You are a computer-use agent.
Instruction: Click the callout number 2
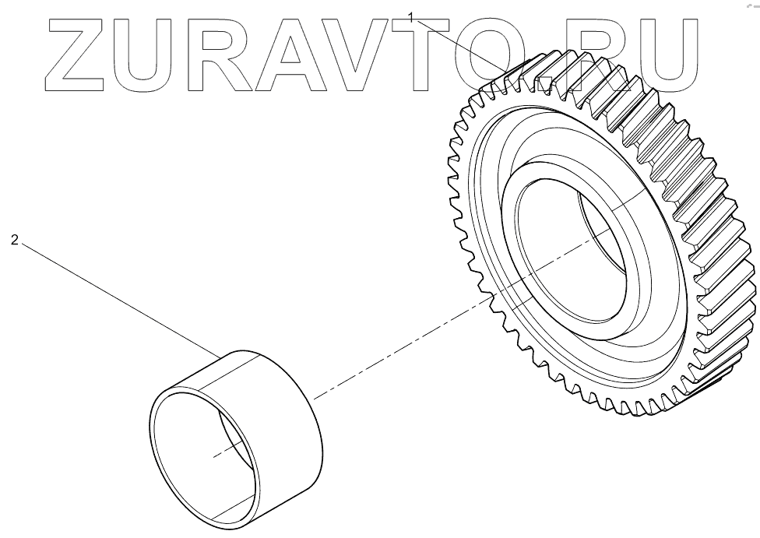coord(14,241)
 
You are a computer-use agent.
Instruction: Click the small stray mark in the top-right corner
coord(751,4)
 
